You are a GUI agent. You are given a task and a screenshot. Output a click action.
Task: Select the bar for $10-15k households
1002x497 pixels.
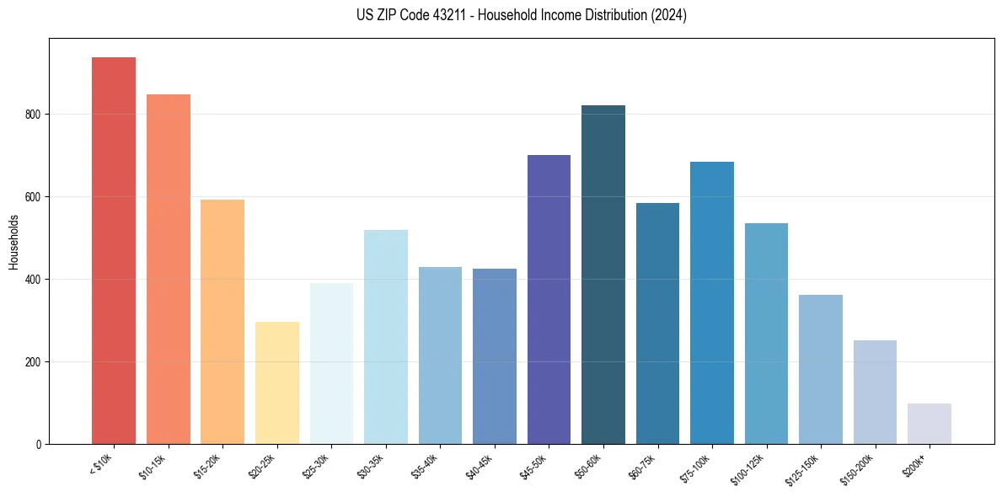168,269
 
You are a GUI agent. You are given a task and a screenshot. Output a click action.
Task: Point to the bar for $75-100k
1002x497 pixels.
712,302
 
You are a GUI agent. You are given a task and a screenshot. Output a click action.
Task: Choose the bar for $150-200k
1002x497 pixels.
875,392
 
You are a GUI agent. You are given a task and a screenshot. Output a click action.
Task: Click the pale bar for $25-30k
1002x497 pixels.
331,363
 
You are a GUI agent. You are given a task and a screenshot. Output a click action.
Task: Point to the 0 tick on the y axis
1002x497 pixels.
39,445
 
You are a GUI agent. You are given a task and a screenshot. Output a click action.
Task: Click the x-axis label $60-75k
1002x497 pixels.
646,467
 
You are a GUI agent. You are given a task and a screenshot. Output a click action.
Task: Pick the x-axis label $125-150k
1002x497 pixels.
806,468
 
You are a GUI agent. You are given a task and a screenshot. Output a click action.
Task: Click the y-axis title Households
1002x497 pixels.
13,241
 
